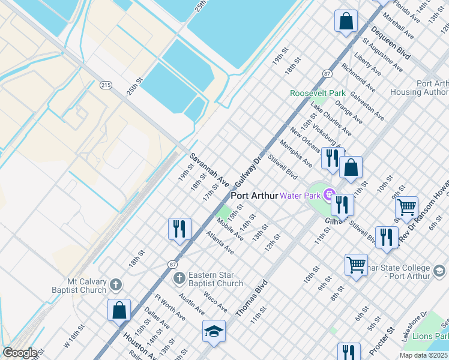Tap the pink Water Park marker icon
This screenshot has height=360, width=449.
[328, 194]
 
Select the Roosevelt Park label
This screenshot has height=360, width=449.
[318, 93]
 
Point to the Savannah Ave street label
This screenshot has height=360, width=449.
[209, 169]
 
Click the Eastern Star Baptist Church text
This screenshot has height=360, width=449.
[215, 279]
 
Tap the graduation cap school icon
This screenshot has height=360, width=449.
[214, 331]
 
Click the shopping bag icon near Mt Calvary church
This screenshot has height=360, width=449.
[119, 310]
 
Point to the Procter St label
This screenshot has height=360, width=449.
[382, 339]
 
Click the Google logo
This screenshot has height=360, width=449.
[20, 352]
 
